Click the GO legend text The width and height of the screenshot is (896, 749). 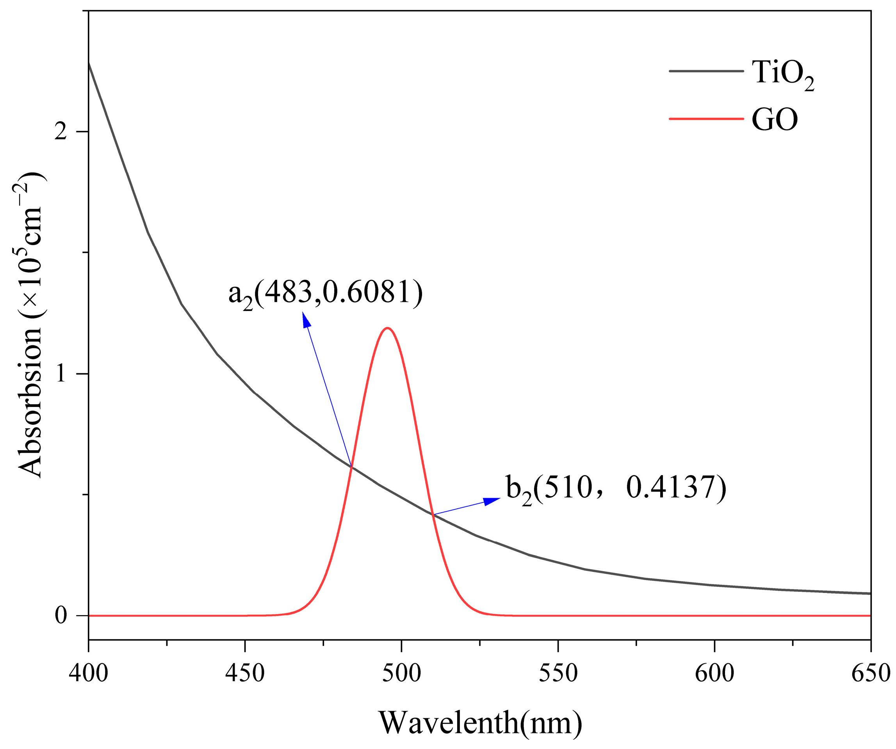(775, 120)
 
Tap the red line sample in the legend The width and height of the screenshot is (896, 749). (706, 119)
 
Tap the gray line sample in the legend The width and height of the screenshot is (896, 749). (706, 71)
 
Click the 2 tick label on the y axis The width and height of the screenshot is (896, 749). (61, 132)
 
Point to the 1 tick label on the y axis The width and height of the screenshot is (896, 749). (61, 374)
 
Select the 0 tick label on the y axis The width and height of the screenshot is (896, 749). (61, 616)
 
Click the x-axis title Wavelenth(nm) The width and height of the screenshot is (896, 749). (480, 722)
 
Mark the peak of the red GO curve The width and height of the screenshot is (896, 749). (387, 328)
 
